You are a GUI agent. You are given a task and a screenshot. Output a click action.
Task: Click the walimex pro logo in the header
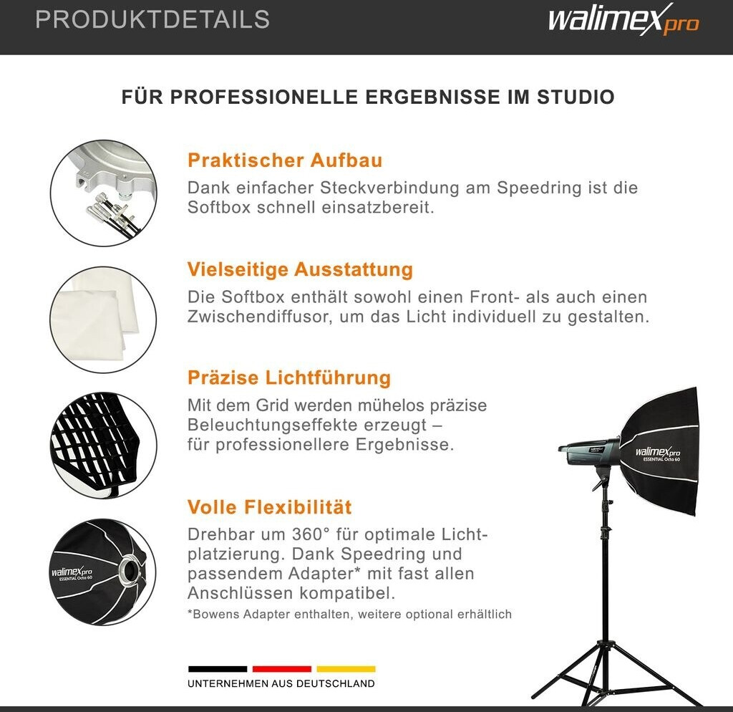pos(623,19)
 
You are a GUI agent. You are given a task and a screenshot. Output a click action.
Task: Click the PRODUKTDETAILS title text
pos(152,19)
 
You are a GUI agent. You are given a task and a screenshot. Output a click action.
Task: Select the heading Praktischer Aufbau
pos(285,160)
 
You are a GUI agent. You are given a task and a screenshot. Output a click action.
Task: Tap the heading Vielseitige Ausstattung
pos(300,269)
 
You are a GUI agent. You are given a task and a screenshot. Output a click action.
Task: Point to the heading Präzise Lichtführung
pos(289,378)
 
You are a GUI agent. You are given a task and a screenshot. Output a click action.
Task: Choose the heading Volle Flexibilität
pos(269,507)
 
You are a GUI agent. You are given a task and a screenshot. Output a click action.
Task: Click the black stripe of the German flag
pos(218,669)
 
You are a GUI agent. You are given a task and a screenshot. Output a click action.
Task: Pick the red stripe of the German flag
pos(282,669)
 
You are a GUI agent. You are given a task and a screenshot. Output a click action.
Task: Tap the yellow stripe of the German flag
pos(346,669)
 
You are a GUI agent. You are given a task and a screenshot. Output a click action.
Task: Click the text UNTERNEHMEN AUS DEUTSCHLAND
pos(281,684)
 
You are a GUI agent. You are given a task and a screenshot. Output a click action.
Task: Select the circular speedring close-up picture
pos(103,193)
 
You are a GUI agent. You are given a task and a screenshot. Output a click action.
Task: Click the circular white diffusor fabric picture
pos(103,320)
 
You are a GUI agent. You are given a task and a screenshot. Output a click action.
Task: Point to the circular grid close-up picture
pos(103,446)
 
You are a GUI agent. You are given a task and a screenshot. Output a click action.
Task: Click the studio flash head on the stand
pos(590,453)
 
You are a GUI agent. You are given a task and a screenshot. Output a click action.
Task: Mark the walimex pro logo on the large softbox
pos(658,453)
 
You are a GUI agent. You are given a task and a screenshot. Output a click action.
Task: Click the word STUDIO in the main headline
pos(576,97)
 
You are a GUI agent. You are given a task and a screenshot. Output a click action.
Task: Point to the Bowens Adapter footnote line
pos(349,615)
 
